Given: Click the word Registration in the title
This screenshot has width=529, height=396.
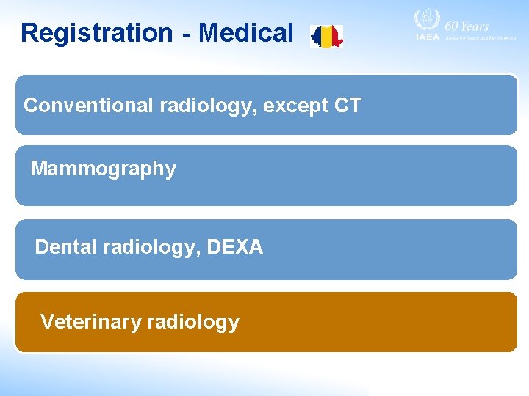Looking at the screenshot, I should pyautogui.click(x=96, y=33).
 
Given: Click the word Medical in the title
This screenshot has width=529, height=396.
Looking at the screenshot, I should pyautogui.click(x=246, y=33).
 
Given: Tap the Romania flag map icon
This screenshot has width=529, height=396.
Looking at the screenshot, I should pyautogui.click(x=326, y=36).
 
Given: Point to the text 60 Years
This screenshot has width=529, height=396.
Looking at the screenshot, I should pyautogui.click(x=467, y=26).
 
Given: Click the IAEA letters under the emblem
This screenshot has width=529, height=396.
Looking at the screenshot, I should pyautogui.click(x=426, y=37).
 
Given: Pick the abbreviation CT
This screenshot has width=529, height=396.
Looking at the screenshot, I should pyautogui.click(x=348, y=106).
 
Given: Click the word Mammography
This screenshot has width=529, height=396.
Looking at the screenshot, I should pyautogui.click(x=103, y=169).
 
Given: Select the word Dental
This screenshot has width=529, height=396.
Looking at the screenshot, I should pyautogui.click(x=66, y=247).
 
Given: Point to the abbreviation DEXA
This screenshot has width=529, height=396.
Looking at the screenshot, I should pyautogui.click(x=234, y=247).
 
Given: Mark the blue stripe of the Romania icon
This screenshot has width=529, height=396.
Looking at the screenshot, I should pyautogui.click(x=317, y=36).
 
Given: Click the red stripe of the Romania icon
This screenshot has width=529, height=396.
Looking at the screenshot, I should pyautogui.click(x=337, y=35).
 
